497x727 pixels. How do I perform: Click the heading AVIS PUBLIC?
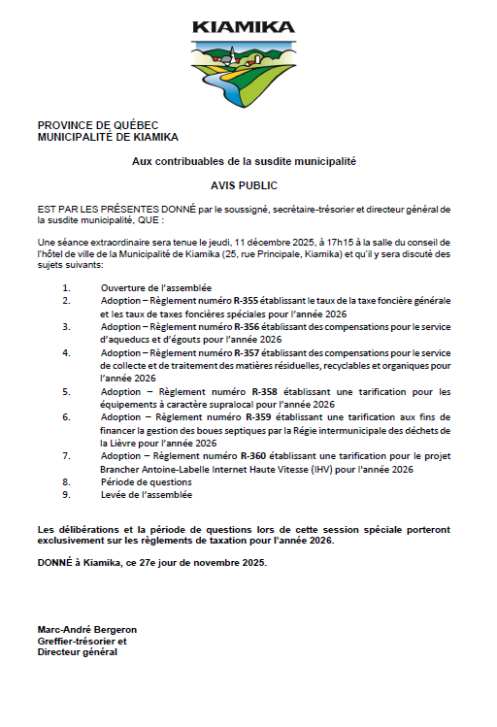(244, 183)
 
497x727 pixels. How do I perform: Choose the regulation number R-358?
(264, 392)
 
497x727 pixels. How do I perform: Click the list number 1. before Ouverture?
(66, 288)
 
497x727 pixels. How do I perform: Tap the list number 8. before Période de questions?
(66, 481)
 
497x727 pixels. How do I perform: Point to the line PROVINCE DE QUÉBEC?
(94, 125)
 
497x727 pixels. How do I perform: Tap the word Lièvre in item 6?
(137, 443)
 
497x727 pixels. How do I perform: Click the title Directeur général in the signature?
(77, 652)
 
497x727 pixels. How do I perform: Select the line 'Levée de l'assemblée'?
(146, 494)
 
